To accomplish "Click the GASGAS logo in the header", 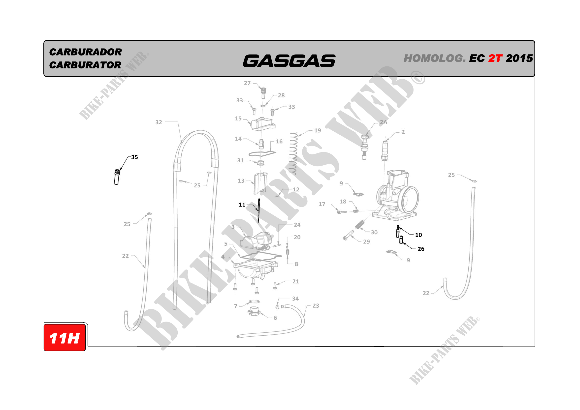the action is point(289,61).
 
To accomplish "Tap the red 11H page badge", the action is point(65,338).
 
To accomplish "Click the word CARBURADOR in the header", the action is point(85,52).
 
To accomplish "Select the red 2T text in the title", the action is point(495,58).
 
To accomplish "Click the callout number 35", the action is point(135,157).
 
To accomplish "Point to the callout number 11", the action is point(242,205).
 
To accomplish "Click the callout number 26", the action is point(421,249).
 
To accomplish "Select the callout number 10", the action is point(419,235).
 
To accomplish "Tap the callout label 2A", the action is point(384,122).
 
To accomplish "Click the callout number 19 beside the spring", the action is point(318,131).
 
